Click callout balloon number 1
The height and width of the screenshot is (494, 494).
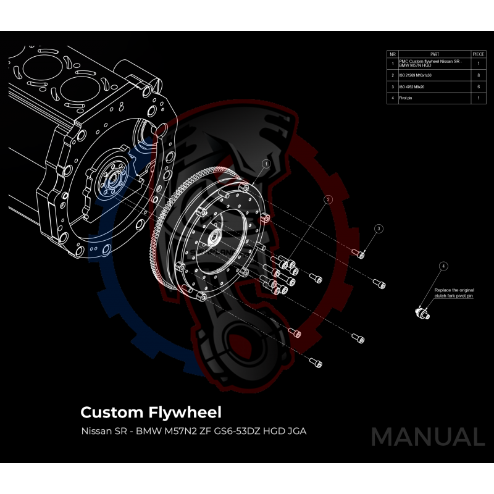[x=266, y=164]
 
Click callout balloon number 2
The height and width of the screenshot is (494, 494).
[x=329, y=199]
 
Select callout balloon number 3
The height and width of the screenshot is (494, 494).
[x=379, y=228]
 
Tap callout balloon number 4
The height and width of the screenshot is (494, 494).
[x=443, y=266]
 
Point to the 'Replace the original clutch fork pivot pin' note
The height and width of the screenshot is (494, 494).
[x=454, y=293]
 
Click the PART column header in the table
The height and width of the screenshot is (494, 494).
[x=434, y=54]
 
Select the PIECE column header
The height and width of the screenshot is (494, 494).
[x=479, y=54]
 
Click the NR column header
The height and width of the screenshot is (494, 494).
[x=393, y=54]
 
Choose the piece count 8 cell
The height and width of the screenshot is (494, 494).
[x=479, y=75]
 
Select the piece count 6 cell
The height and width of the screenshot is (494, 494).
[x=479, y=86]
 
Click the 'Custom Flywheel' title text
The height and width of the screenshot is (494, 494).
[x=151, y=411]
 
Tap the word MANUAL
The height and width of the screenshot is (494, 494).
[x=427, y=437]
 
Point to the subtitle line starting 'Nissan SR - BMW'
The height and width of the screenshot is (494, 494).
[x=193, y=430]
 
